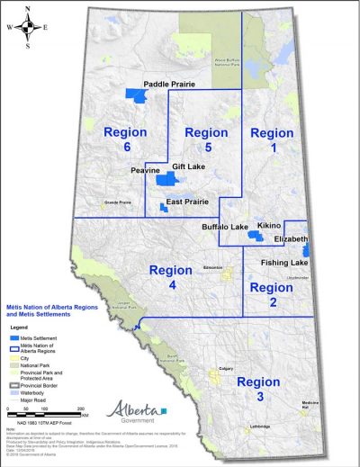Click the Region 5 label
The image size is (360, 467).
tap(205, 139)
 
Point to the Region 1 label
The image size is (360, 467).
tap(272, 139)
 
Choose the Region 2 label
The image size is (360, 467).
tap(271, 295)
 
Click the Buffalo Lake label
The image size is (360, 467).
tap(225, 228)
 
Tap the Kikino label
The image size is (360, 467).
tap(270, 225)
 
